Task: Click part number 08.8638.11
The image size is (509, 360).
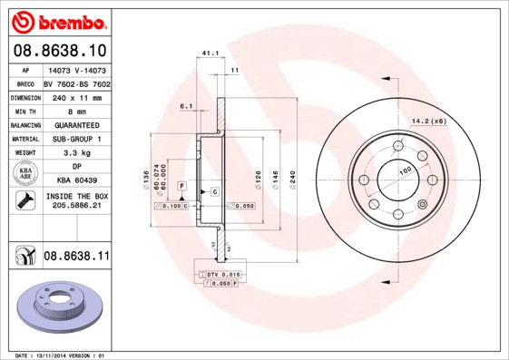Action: pyautogui.click(x=75, y=257)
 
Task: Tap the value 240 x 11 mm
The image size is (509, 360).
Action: pyautogui.click(x=75, y=96)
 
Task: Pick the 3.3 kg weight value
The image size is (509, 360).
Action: pyautogui.click(x=75, y=153)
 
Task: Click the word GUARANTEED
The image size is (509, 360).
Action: pyautogui.click(x=75, y=124)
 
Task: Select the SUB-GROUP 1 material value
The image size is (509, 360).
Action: pyautogui.click(x=75, y=139)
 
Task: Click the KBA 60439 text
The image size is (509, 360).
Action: pyautogui.click(x=75, y=180)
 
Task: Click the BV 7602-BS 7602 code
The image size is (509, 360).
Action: pyautogui.click(x=77, y=83)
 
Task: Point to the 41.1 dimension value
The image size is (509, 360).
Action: pyautogui.click(x=209, y=54)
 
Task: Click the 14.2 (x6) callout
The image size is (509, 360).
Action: pyautogui.click(x=429, y=121)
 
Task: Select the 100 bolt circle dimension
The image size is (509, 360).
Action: pyautogui.click(x=406, y=170)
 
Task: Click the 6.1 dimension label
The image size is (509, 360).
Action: pyautogui.click(x=187, y=107)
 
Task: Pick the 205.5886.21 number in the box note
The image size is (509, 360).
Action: pyautogui.click(x=75, y=206)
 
